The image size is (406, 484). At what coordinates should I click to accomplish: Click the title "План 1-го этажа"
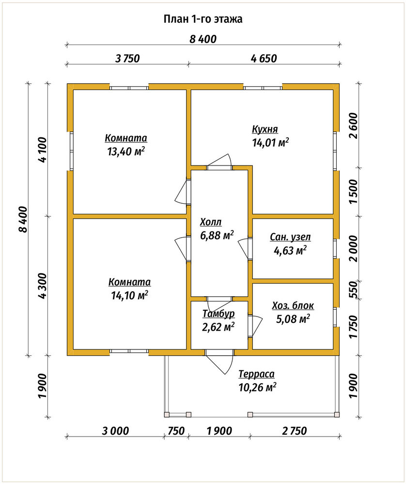(203, 19)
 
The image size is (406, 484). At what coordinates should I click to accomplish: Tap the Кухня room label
(265, 129)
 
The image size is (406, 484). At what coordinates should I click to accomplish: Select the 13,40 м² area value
(126, 151)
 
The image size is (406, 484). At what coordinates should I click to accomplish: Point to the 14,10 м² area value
(129, 295)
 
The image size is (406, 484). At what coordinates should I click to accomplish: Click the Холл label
(211, 222)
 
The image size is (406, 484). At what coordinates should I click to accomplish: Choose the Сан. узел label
(290, 237)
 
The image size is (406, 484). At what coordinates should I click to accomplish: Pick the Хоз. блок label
(293, 305)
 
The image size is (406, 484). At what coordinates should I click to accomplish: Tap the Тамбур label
(219, 314)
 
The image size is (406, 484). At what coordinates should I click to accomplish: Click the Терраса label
(256, 374)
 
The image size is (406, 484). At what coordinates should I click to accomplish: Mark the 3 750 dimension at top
(127, 59)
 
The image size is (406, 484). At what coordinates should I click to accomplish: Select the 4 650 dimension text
(264, 59)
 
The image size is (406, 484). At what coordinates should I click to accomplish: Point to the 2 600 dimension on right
(354, 126)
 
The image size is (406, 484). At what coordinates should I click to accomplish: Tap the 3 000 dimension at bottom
(115, 431)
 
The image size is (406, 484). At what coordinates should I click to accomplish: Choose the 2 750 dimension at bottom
(295, 431)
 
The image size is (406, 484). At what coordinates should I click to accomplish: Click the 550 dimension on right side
(354, 289)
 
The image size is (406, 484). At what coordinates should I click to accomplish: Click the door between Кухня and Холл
(219, 162)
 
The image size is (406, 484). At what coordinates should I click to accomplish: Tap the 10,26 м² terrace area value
(257, 387)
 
